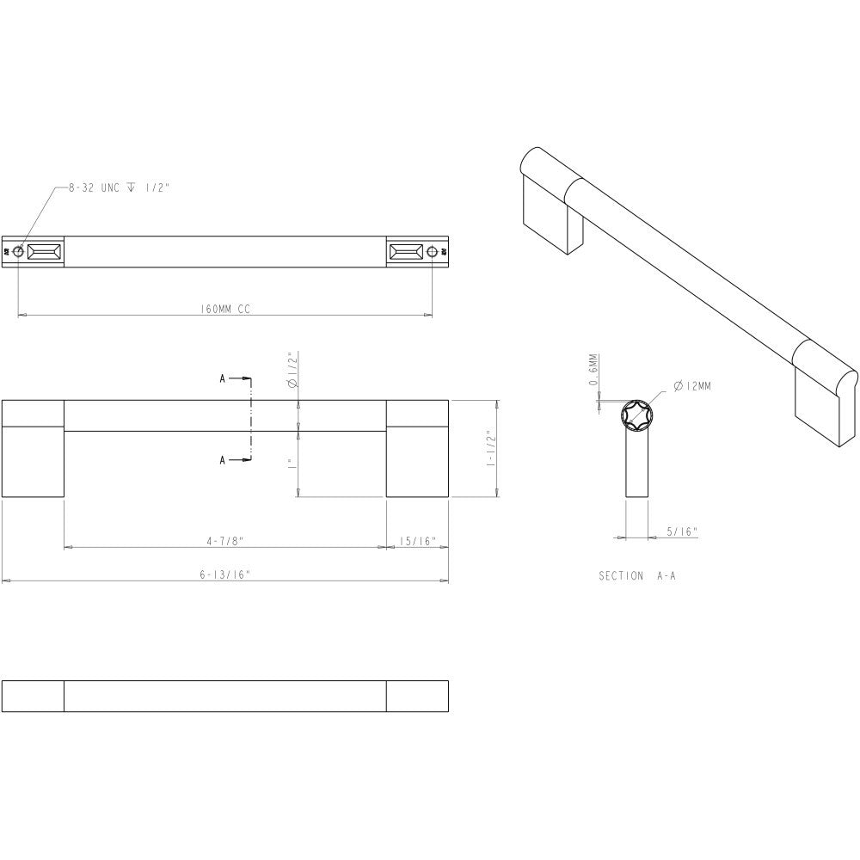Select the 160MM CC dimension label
coord(224,309)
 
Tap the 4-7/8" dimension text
coord(225,541)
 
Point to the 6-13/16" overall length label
coord(224,575)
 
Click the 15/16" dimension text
coord(418,541)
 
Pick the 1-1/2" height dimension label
coord(490,448)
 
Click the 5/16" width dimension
coord(682,532)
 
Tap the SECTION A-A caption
coord(637,576)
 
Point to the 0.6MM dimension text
coord(593,372)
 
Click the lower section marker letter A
coord(223,461)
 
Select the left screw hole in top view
coord(18,252)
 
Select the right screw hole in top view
coord(432,252)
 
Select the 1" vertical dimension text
coord(292,464)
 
